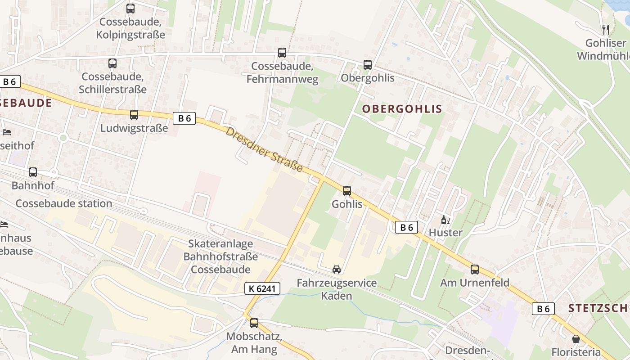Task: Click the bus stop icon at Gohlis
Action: [346, 190]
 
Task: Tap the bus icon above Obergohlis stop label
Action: [367, 64]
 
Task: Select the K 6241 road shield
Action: [262, 288]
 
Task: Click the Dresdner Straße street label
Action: [264, 149]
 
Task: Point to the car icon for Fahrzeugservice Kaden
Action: [336, 269]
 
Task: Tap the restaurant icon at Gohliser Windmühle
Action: [606, 30]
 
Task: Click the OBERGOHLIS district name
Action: [402, 108]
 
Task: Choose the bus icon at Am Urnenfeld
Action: [474, 269]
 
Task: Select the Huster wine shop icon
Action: [445, 220]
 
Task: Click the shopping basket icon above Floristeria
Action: [576, 339]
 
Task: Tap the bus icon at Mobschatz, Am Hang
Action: [254, 322]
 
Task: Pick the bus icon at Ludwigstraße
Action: [134, 114]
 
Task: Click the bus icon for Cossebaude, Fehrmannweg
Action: [282, 52]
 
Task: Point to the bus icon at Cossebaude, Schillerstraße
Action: [112, 63]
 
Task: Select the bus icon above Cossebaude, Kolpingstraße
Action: [130, 8]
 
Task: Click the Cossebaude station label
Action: [64, 203]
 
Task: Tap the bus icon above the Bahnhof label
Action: [33, 172]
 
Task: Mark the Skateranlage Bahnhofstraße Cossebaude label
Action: [220, 256]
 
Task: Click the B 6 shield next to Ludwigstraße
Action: [184, 118]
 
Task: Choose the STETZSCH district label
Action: [598, 308]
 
